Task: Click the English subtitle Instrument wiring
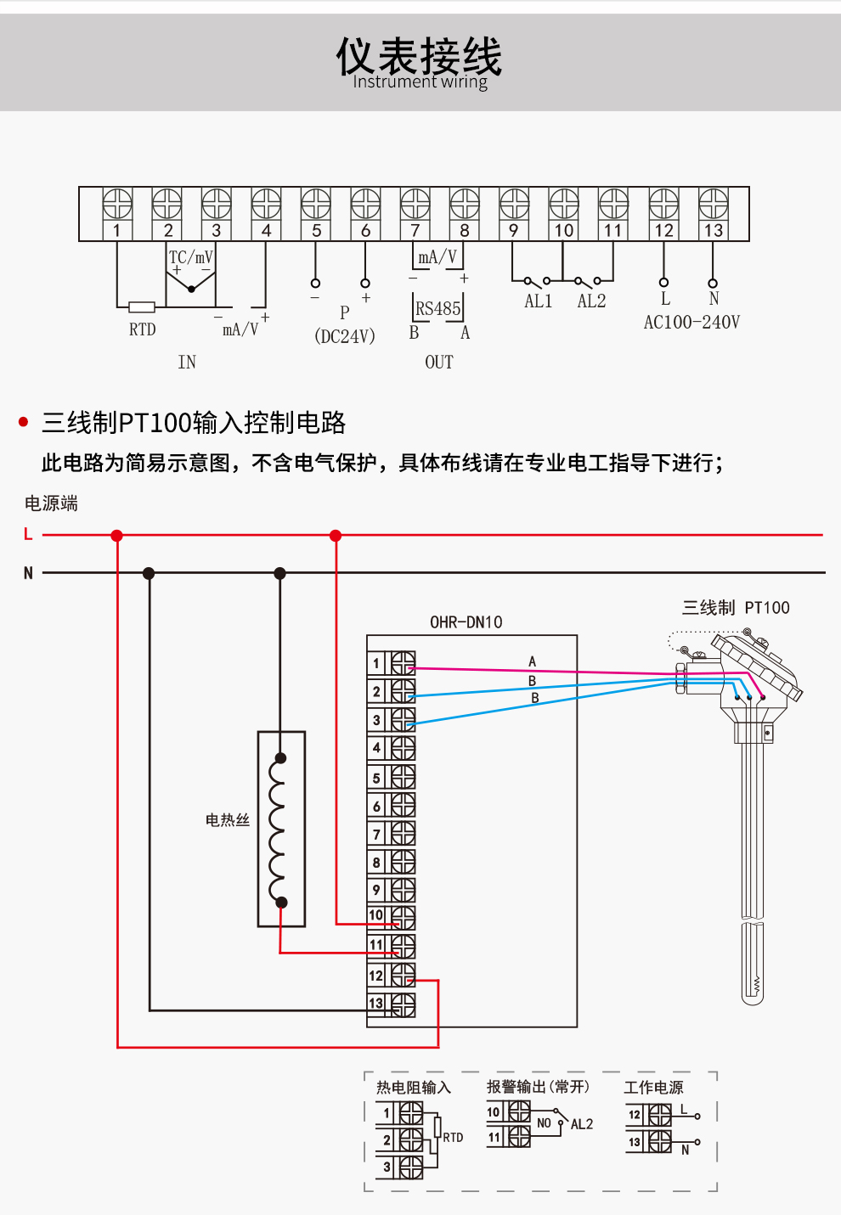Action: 420,82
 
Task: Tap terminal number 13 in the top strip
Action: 714,230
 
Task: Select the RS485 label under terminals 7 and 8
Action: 438,309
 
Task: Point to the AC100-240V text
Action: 691,323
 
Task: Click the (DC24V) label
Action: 345,336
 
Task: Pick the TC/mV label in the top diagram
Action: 191,257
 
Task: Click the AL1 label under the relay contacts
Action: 539,301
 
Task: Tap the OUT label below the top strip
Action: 439,363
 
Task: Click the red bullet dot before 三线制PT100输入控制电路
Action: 24,422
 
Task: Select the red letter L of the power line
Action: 28,534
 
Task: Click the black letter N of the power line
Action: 28,573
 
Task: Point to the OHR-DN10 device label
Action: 466,622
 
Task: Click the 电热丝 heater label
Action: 228,819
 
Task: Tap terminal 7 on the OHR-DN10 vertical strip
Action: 376,835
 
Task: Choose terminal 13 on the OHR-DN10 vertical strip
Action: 375,1004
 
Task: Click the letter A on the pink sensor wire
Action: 533,661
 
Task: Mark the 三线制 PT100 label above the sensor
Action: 736,608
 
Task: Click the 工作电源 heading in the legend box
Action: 653,1088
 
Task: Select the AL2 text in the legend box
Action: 582,1124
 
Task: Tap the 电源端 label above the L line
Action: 51,503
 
